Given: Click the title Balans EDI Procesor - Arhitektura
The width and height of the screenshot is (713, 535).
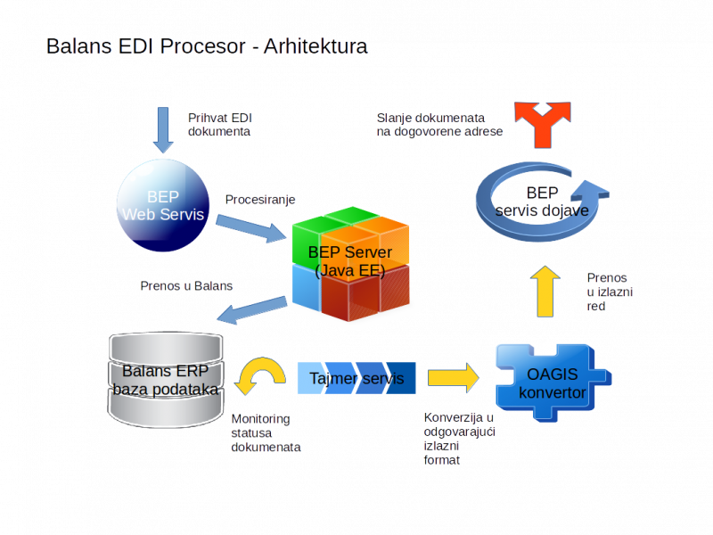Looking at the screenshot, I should click(x=206, y=46).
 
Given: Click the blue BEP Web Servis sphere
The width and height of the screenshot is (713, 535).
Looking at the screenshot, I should click(x=163, y=207).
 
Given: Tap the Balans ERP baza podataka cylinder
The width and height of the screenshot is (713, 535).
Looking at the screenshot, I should click(x=165, y=380).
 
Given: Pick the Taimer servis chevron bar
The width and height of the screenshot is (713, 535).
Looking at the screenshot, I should click(x=356, y=378).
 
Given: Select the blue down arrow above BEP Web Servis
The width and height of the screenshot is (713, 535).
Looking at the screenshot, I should click(x=163, y=130).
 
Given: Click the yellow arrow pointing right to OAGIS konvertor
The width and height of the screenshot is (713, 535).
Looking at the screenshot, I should click(x=453, y=377).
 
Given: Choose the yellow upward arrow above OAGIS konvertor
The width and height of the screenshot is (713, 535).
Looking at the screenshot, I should click(x=545, y=292).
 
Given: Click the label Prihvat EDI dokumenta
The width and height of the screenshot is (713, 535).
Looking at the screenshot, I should click(x=219, y=125).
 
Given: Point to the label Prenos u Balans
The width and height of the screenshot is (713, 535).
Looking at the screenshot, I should click(x=186, y=286).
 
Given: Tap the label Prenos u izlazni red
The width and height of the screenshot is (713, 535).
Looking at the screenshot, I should click(x=609, y=292).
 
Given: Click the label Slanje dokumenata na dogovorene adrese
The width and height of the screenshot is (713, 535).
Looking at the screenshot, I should click(x=438, y=125).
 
